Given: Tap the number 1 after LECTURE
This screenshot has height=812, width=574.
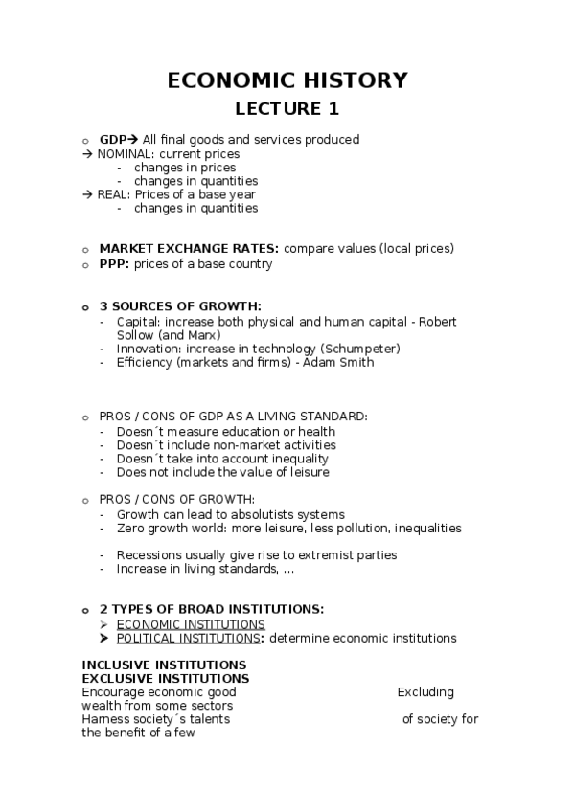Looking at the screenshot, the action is pyautogui.click(x=333, y=109).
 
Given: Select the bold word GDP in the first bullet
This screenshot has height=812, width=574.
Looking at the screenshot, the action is pyautogui.click(x=113, y=140).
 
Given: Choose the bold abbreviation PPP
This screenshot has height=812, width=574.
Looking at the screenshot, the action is pyautogui.click(x=113, y=263).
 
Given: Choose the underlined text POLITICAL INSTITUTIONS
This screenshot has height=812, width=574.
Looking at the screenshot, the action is pyautogui.click(x=189, y=638).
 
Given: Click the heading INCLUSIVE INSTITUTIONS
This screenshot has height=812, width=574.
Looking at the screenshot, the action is pyautogui.click(x=164, y=665).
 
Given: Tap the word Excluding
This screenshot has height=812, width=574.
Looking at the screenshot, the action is pyautogui.click(x=425, y=692).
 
